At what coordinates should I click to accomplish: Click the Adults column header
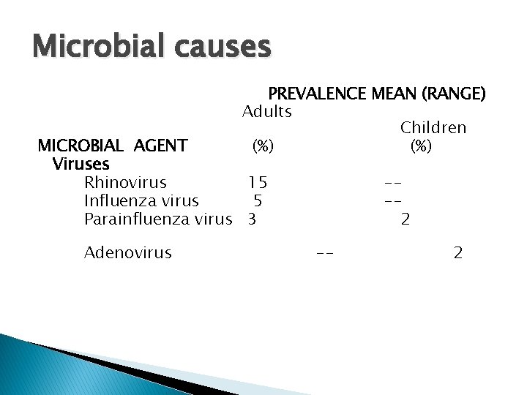(x=267, y=112)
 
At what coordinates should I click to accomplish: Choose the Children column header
(x=433, y=128)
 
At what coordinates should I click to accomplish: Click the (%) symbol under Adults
(x=263, y=146)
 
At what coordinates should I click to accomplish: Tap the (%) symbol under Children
(x=421, y=146)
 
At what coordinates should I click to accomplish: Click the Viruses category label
(x=81, y=164)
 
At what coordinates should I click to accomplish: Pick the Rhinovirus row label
(x=125, y=182)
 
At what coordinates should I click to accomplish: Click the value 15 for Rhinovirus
(x=257, y=182)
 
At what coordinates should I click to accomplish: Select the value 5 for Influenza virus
(x=258, y=200)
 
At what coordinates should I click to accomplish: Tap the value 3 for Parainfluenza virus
(x=252, y=219)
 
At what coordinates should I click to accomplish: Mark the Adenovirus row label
(x=128, y=253)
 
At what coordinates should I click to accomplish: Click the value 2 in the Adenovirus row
(x=458, y=253)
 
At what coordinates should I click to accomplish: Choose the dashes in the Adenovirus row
(x=326, y=254)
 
